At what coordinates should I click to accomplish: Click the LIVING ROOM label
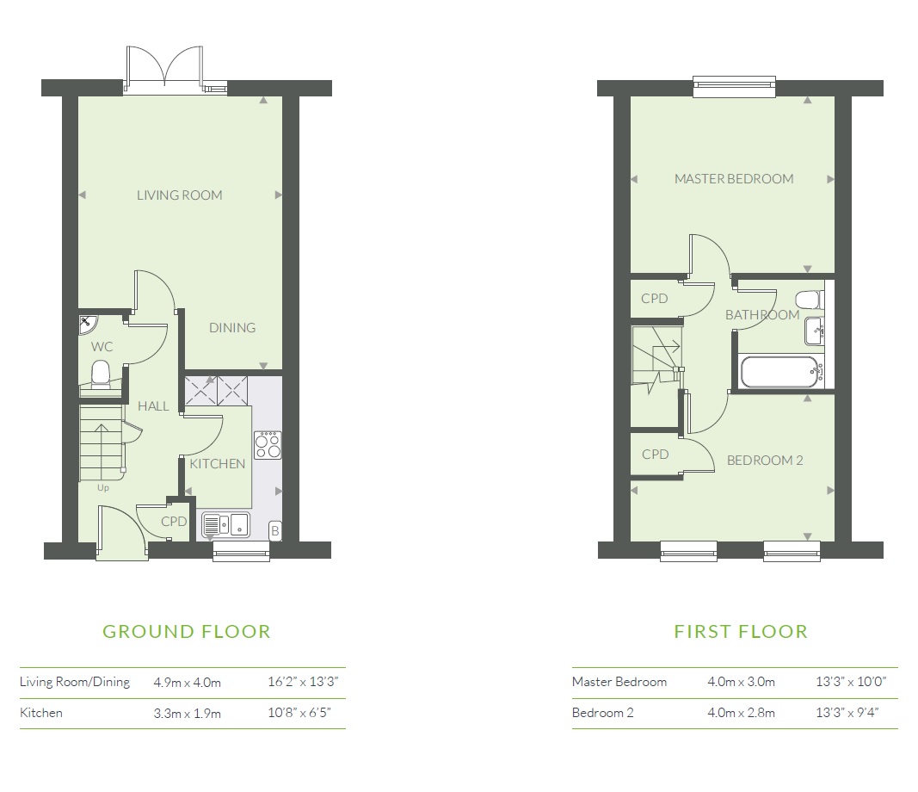pyautogui.click(x=179, y=195)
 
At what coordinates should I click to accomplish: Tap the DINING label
pyautogui.click(x=232, y=328)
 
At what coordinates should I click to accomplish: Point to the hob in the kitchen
pyautogui.click(x=268, y=444)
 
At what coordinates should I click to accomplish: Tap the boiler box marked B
pyautogui.click(x=274, y=530)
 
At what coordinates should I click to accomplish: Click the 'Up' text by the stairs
pyautogui.click(x=102, y=488)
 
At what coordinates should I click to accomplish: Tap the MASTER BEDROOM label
pyautogui.click(x=733, y=179)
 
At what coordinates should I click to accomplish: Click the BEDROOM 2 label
pyautogui.click(x=764, y=461)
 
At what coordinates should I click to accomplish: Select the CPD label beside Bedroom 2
pyautogui.click(x=655, y=455)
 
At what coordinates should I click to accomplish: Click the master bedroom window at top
pyautogui.click(x=733, y=84)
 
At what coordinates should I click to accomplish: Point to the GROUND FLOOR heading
pyautogui.click(x=186, y=632)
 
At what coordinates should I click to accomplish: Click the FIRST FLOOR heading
pyautogui.click(x=740, y=632)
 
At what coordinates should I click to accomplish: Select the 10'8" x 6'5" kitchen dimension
pyautogui.click(x=301, y=713)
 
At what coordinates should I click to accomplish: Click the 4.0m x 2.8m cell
pyautogui.click(x=741, y=713)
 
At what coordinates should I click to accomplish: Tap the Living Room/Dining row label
pyautogui.click(x=75, y=682)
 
